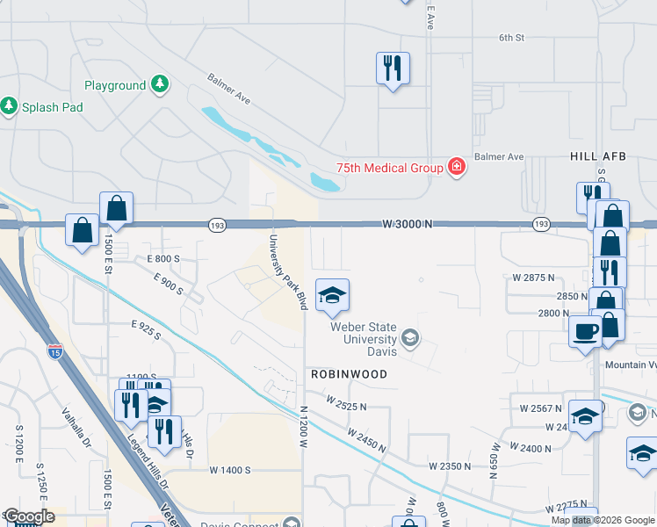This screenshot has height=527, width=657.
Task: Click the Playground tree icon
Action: [159, 85]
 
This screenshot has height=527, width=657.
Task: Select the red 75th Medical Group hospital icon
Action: [455, 167]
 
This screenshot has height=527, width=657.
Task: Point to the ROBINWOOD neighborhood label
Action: [349, 373]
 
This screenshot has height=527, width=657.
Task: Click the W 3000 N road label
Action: [408, 225]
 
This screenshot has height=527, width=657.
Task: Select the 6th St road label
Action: [511, 38]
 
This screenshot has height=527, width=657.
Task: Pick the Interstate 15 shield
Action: [54, 353]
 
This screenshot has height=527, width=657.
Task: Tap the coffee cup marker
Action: [585, 333]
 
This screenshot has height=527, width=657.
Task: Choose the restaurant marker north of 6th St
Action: [392, 68]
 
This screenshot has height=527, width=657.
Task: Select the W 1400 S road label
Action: [230, 470]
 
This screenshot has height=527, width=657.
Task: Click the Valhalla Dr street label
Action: [77, 427]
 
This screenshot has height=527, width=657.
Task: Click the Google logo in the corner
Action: [29, 516]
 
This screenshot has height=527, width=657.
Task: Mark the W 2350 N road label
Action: [451, 466]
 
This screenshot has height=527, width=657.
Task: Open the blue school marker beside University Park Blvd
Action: [332, 297]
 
